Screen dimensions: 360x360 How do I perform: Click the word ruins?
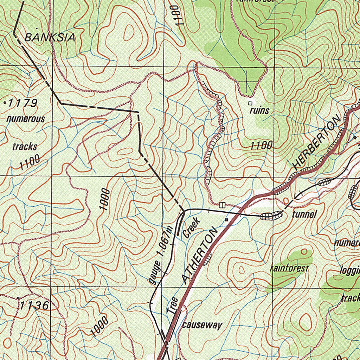259,111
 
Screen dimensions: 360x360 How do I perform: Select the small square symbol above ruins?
250,103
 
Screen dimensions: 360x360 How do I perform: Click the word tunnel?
304,214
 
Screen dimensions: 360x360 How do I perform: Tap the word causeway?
202,325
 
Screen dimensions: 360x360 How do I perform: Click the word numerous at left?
26,119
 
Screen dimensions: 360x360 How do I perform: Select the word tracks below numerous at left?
25,146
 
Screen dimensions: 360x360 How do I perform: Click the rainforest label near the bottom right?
289,269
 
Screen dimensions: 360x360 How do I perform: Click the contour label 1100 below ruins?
262,145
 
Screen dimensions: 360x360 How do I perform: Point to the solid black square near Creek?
227,220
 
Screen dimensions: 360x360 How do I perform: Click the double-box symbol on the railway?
222,205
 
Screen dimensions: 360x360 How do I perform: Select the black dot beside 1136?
18,298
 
